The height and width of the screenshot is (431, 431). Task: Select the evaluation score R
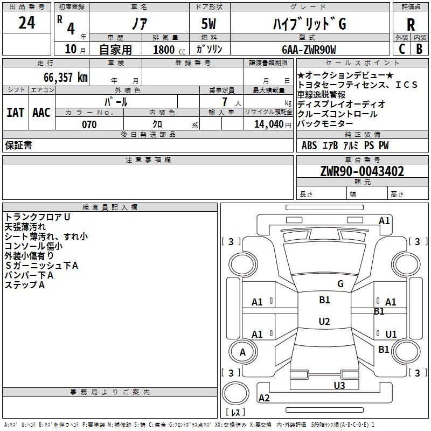[411, 24]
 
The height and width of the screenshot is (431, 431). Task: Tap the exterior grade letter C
[401, 48]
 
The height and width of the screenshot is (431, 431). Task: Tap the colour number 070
[89, 124]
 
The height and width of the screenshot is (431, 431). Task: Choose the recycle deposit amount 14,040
[268, 124]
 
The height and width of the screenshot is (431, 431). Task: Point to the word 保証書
[18, 145]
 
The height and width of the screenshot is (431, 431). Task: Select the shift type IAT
[15, 112]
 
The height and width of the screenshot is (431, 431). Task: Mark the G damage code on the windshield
[340, 284]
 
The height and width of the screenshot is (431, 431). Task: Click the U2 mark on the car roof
[324, 322]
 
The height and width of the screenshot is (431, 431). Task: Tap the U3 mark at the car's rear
[339, 385]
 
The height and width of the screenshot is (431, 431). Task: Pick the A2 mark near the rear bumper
[264, 398]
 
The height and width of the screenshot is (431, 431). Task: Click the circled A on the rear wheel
[242, 352]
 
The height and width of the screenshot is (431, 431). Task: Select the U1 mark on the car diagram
[391, 334]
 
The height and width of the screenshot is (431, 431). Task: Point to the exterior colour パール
[115, 101]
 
